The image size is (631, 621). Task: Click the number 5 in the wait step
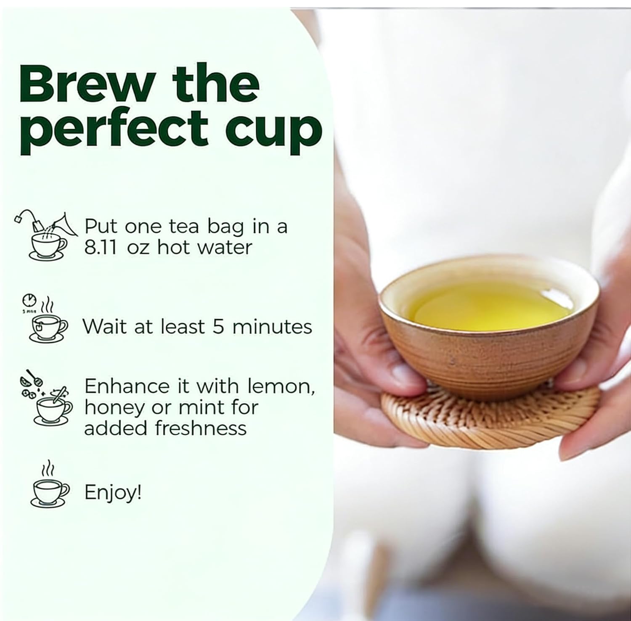tap(218, 327)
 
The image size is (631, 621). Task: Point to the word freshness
tap(200, 428)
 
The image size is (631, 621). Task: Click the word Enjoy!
tap(113, 492)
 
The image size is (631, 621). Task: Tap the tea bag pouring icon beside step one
tap(46, 235)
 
